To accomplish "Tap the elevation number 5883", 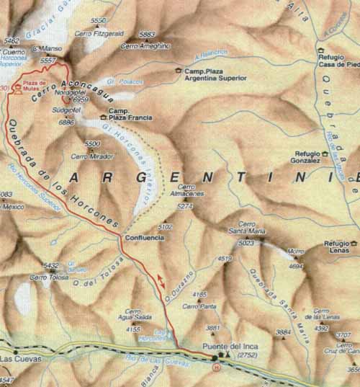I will pyautogui.click(x=147, y=35).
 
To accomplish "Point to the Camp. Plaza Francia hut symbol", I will pyautogui.click(x=104, y=117).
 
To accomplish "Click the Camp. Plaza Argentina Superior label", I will pyautogui.click(x=215, y=74).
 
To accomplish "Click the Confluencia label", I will pyautogui.click(x=145, y=237).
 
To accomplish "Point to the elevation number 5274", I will pyautogui.click(x=186, y=206).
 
